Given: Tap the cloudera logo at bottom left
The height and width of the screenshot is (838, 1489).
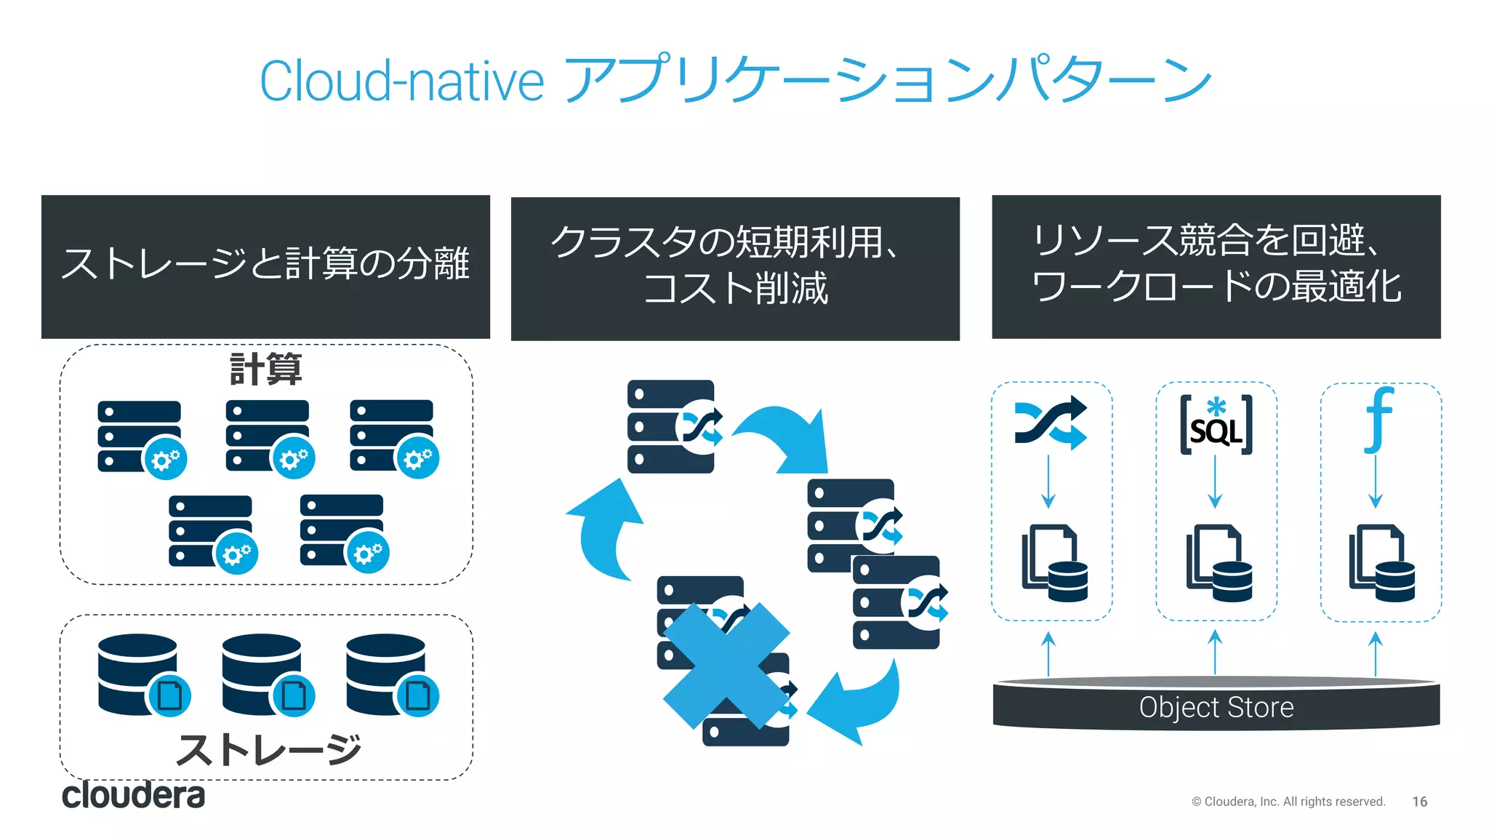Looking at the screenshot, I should (133, 795).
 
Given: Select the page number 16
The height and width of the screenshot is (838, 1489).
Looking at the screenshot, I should (1419, 801).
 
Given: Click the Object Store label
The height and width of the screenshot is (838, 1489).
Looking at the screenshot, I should (1216, 707).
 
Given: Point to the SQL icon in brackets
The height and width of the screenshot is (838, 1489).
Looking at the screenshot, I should (1216, 426).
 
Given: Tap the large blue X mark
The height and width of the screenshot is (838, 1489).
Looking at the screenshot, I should (726, 666).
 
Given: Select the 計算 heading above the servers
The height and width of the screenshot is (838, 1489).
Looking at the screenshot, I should (265, 369).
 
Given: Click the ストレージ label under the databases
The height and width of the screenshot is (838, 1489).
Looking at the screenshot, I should (268, 749).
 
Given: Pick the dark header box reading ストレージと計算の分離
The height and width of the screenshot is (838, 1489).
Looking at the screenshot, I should (265, 266).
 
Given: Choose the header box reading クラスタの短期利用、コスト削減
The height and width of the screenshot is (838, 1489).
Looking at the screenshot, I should (735, 268).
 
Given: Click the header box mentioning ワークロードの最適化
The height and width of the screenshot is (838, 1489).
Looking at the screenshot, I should (1216, 266).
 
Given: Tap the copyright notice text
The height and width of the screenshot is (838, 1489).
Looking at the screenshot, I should (1288, 801).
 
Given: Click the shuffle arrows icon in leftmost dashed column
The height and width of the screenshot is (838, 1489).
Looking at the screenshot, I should (1051, 422).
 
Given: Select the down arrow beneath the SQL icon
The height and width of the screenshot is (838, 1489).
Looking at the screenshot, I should (1215, 482).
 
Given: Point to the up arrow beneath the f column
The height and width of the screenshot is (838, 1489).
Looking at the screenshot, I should (1375, 653).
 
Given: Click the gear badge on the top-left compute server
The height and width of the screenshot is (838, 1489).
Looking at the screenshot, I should (166, 459).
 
